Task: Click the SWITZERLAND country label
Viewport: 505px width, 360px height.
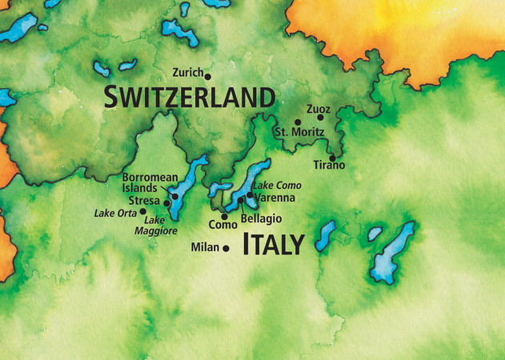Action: coord(190,98)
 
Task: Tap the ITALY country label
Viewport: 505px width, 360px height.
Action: coord(273,244)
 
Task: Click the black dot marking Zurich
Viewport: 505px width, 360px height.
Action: coord(208,77)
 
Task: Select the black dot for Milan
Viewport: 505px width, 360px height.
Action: coord(226,249)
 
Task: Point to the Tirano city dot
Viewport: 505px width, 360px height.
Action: coord(332,158)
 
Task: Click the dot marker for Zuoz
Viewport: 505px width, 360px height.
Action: coord(320,118)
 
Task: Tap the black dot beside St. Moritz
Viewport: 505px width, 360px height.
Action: coord(298,122)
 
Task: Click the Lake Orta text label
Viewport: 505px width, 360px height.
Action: coord(115,213)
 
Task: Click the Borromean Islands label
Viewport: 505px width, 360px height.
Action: coord(145,182)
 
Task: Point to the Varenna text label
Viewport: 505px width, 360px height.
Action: coord(275,198)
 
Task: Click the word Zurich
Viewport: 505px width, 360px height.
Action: coord(187,72)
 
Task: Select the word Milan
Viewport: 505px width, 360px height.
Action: coord(205,248)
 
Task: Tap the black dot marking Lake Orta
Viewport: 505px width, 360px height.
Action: coord(143,212)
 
